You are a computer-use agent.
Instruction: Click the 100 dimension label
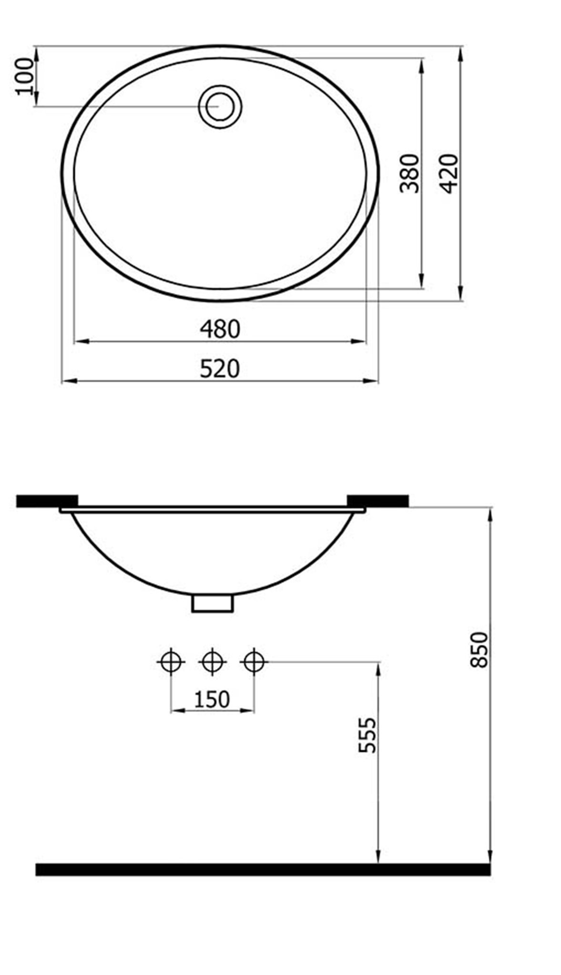24,76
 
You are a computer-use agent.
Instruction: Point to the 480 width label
220,329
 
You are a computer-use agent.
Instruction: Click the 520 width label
220,369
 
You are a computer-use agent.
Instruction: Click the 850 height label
479,649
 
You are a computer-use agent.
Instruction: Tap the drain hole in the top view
220,106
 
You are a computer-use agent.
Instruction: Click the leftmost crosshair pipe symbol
171,661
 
